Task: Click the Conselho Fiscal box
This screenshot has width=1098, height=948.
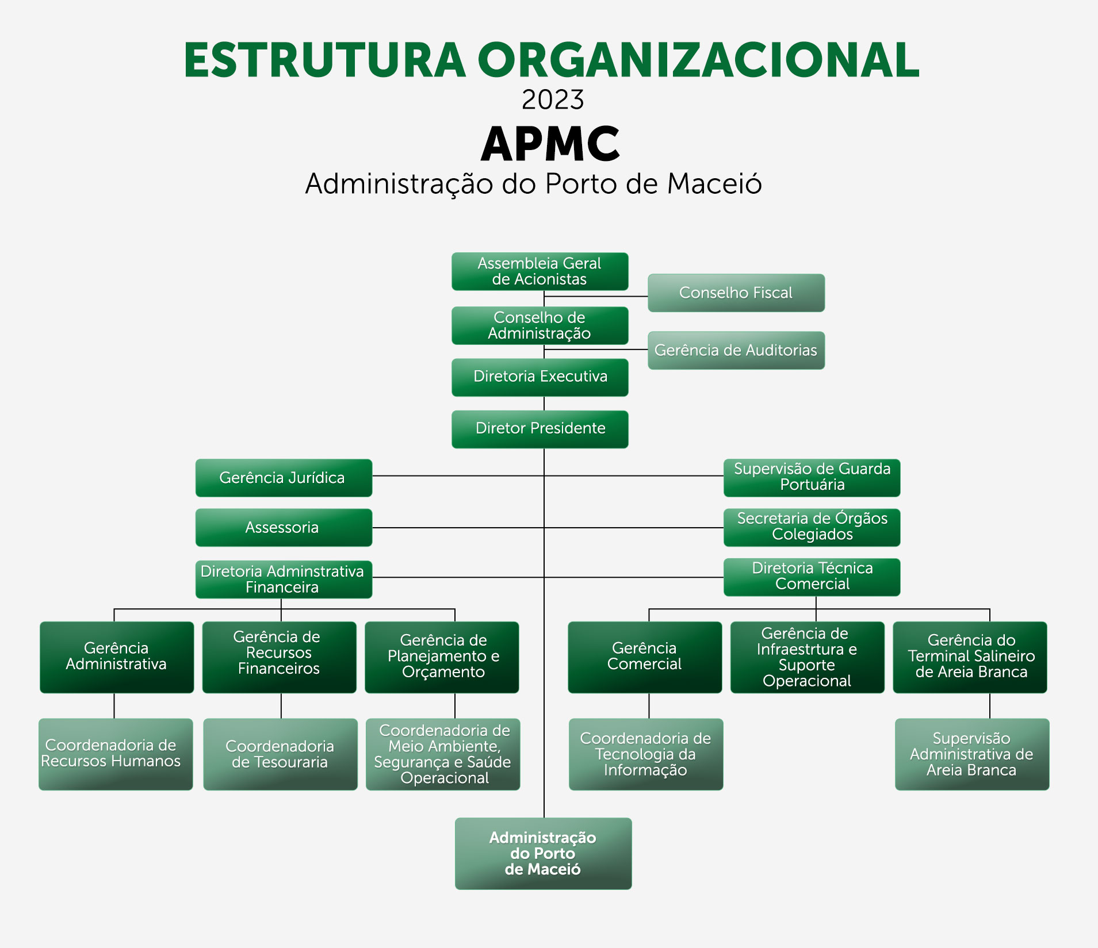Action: (736, 293)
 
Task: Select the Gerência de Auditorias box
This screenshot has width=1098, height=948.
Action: (736, 350)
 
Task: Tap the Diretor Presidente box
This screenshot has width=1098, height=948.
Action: (540, 429)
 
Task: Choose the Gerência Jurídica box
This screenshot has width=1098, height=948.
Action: (284, 478)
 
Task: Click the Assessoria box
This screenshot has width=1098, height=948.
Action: (284, 527)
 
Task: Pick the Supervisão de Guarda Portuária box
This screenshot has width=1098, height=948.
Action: (812, 478)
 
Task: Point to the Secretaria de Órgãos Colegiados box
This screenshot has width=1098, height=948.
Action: (812, 527)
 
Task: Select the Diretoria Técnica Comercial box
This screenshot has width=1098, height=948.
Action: (812, 577)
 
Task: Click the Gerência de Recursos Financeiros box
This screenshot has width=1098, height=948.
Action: (280, 657)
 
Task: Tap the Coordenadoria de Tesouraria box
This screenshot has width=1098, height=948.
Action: (280, 754)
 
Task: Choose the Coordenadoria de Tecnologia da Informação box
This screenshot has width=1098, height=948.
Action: (646, 754)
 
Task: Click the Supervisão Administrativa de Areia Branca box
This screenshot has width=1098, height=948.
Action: (972, 754)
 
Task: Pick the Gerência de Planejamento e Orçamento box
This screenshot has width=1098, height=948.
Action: (442, 657)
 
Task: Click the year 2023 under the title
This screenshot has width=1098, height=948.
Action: (553, 100)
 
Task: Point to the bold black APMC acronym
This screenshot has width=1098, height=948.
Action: (550, 144)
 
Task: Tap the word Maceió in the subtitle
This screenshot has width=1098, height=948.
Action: (714, 184)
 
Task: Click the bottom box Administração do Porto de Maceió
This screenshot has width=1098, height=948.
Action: (544, 854)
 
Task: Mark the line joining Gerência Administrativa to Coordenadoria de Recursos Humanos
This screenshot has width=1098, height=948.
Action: (114, 706)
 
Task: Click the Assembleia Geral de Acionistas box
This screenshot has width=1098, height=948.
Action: (540, 271)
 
